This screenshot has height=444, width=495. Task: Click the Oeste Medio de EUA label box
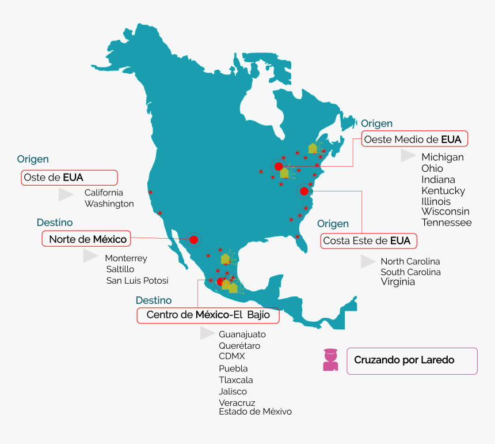point(414,140)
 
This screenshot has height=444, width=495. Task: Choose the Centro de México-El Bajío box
point(208,315)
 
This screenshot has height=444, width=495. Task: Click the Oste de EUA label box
point(69,178)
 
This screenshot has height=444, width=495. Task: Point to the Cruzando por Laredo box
point(412,360)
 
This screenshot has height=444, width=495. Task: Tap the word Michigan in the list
point(442,157)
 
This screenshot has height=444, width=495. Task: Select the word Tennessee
point(446,223)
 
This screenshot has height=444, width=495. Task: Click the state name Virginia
point(398,282)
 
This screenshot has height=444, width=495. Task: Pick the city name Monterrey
point(126,258)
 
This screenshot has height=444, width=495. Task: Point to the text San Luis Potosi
point(137,281)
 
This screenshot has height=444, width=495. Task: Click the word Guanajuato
point(242,334)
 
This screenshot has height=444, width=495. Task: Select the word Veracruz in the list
point(237,402)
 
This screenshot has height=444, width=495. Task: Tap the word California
point(104,193)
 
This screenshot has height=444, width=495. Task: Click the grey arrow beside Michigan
point(408,156)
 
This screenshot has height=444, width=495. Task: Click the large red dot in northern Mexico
point(193,239)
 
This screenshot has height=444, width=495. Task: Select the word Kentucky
point(443,190)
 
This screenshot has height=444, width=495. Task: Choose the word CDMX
point(231,356)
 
